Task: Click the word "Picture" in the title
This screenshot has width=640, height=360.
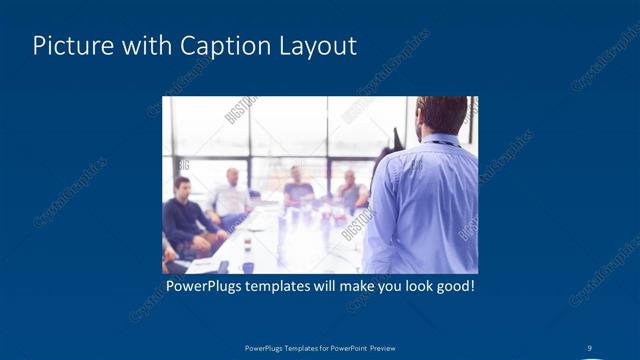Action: point(71,46)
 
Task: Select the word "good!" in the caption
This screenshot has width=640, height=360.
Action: point(450,287)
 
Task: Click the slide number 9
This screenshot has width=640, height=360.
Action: point(590,347)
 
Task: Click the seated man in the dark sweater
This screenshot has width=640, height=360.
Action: point(185,215)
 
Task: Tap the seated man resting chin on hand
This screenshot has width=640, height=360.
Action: point(349,189)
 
